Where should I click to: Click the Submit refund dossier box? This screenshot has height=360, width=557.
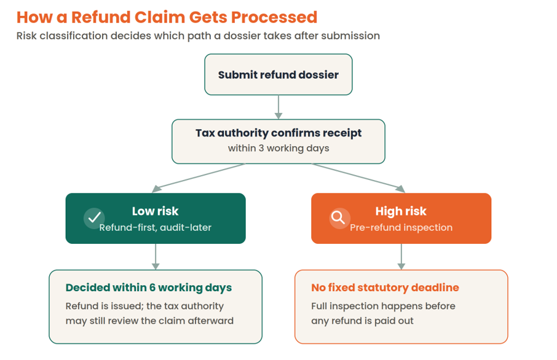(278, 74)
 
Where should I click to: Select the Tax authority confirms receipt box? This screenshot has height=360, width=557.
(278, 141)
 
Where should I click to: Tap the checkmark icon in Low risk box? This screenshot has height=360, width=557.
(94, 218)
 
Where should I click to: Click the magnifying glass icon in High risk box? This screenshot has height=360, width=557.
(339, 218)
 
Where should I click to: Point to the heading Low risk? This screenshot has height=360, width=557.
(155, 211)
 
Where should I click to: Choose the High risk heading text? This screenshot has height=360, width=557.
(401, 211)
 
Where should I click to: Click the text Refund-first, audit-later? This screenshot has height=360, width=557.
(156, 227)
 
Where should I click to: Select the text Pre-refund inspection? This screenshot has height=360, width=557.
(401, 227)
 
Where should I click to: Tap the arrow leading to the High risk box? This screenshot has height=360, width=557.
(358, 178)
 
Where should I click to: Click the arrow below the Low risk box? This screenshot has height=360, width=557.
(156, 257)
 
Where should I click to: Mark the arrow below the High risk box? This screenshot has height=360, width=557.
(401, 257)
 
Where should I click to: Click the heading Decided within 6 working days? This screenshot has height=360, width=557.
(149, 288)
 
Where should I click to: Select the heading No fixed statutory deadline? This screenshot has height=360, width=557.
(385, 288)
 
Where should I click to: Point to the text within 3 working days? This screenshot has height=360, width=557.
(278, 148)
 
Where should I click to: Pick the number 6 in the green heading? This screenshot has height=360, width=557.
(152, 288)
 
